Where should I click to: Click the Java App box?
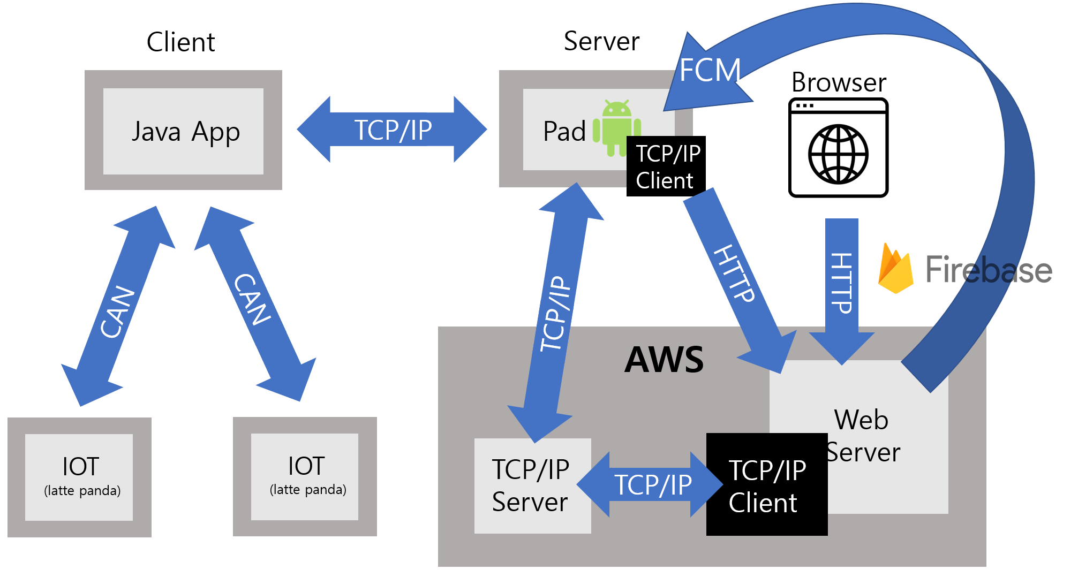click(x=183, y=131)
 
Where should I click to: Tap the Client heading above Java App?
click(x=180, y=42)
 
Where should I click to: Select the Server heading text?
click(x=601, y=41)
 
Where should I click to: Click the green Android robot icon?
click(x=616, y=126)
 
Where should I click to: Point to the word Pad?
click(x=564, y=132)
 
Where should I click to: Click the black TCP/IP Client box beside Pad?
click(x=666, y=166)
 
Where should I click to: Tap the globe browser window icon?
click(x=838, y=148)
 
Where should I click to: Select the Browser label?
click(x=839, y=82)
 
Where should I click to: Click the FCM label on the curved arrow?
click(x=710, y=70)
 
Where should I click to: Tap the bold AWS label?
click(x=664, y=359)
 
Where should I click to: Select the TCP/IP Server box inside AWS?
click(x=532, y=485)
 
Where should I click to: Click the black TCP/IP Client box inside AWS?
click(x=766, y=485)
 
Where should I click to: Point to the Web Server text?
click(x=862, y=436)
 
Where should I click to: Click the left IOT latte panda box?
click(x=79, y=477)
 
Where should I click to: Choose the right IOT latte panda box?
click(x=305, y=476)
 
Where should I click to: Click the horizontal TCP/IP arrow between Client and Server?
click(x=392, y=130)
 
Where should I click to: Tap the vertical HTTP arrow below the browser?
click(x=841, y=284)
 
